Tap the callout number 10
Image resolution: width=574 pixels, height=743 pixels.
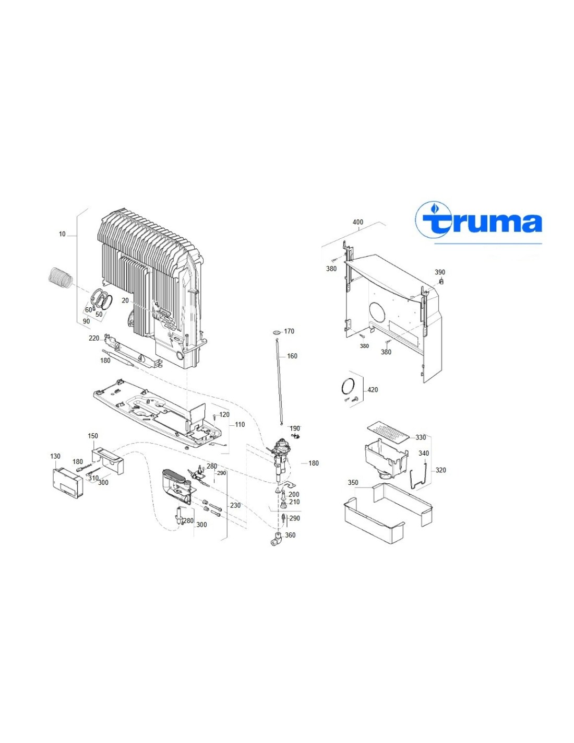[x=62, y=234]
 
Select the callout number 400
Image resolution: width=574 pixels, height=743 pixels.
[x=358, y=222]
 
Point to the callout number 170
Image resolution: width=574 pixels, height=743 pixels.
[x=289, y=331]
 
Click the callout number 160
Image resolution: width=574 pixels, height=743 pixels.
[x=292, y=356]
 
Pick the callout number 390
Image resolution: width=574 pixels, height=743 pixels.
[x=440, y=272]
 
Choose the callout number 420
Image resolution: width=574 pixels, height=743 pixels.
[x=373, y=390]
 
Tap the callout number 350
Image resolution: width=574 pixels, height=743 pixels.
[x=353, y=482]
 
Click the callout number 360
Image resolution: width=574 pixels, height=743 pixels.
[x=290, y=535]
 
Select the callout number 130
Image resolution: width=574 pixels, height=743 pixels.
[x=55, y=457]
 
